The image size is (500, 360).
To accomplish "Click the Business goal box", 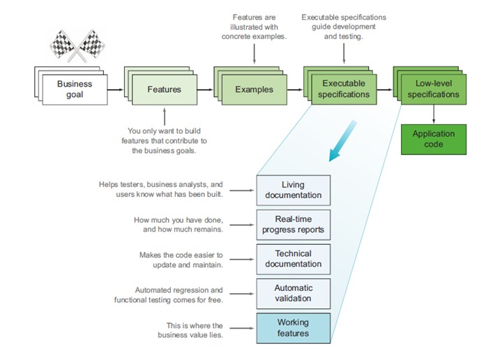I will [74, 90].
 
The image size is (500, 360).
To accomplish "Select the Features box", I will [164, 90].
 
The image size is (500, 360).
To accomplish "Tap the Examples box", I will [254, 90].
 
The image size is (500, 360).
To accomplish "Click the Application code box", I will [433, 139].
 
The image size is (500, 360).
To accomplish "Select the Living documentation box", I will [293, 190].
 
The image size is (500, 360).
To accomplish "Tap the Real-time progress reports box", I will [293, 225].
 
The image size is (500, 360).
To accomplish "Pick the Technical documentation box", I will [293, 259].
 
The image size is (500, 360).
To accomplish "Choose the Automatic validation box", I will [293, 293].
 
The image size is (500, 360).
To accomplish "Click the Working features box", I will [293, 328].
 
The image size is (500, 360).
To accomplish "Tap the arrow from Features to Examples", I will [204, 90].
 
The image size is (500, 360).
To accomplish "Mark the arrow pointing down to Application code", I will [434, 114].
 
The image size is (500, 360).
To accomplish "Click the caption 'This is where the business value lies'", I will [190, 331].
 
